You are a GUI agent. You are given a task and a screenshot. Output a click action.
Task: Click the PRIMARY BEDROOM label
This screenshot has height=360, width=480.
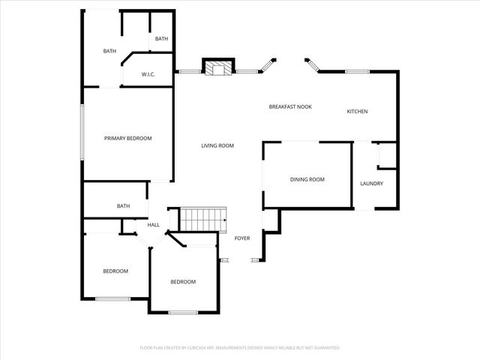(127, 138)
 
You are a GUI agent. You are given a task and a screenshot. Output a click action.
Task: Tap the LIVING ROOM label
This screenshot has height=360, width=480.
(217, 145)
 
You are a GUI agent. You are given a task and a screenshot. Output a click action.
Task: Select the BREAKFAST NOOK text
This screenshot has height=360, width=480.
(290, 107)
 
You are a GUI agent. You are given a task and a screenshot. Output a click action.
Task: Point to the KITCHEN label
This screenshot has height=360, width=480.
(357, 112)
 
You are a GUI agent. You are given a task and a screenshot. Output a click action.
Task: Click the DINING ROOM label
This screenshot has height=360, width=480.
(307, 179)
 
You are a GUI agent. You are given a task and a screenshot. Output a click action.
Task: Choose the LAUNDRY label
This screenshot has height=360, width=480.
(371, 184)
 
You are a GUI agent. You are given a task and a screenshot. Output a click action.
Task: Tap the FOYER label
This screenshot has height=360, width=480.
(242, 238)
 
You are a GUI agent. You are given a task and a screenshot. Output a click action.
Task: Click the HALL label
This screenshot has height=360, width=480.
(153, 225)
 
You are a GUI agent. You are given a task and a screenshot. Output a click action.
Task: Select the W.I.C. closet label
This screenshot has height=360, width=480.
(148, 75)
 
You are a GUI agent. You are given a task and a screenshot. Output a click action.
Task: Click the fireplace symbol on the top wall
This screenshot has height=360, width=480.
(219, 70)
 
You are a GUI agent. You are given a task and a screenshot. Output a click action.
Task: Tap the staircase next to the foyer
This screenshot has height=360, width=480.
(202, 220)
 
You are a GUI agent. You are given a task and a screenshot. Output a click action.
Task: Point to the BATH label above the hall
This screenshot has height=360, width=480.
(123, 206)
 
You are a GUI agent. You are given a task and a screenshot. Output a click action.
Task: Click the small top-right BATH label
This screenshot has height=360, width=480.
(161, 39)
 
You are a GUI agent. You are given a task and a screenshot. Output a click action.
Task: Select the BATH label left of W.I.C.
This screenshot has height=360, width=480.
(109, 51)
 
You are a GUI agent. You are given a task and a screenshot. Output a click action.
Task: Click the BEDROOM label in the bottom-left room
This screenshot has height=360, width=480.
(115, 271)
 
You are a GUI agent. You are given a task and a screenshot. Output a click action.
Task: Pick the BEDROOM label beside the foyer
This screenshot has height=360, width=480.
(183, 282)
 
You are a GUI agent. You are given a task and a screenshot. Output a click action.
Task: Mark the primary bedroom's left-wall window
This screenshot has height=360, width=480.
(82, 131)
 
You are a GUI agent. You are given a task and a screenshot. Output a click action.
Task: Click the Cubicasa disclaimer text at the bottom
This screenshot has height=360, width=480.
(240, 348)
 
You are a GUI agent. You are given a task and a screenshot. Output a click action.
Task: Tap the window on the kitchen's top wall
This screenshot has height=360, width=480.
(357, 71)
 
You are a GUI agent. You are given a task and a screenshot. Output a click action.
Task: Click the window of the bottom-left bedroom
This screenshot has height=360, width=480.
(113, 299)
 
